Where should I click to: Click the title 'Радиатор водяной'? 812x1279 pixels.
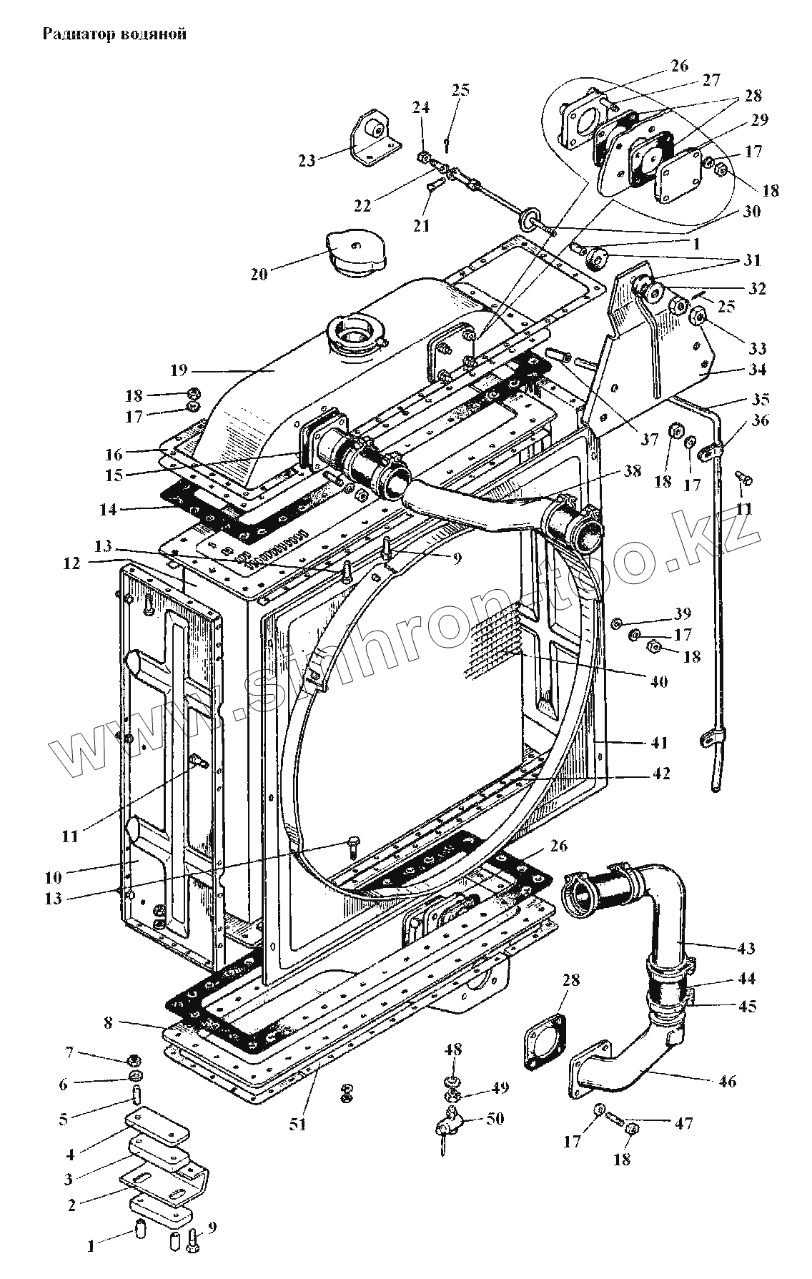coord(114,34)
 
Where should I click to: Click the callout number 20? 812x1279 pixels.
coord(259,274)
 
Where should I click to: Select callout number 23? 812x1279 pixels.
coord(307,159)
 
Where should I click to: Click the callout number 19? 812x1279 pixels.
coord(179,370)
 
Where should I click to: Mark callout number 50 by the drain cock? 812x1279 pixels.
coord(495,1118)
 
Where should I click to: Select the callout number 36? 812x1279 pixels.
coord(760,420)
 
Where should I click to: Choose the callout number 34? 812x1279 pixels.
coord(758,370)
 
